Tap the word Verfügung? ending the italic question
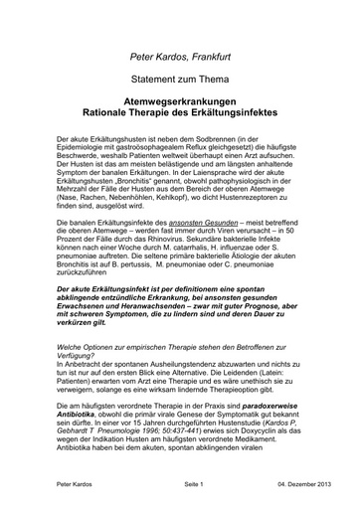click(x=82, y=355)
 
